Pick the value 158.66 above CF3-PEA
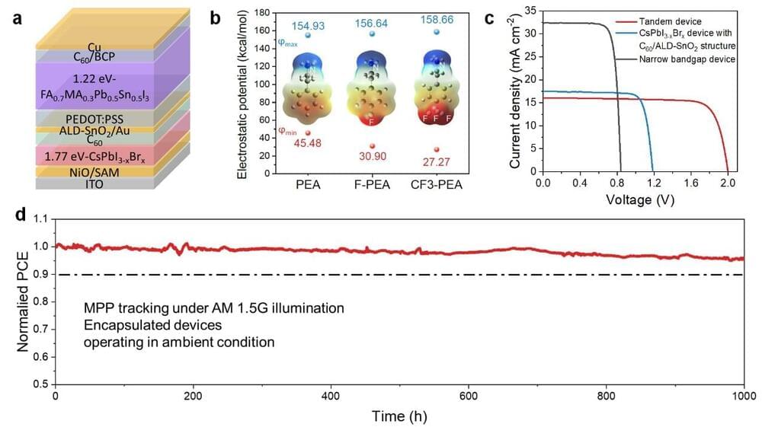(435, 24)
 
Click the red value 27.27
(436, 161)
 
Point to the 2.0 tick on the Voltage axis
(728, 184)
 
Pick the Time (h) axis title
(399, 416)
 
